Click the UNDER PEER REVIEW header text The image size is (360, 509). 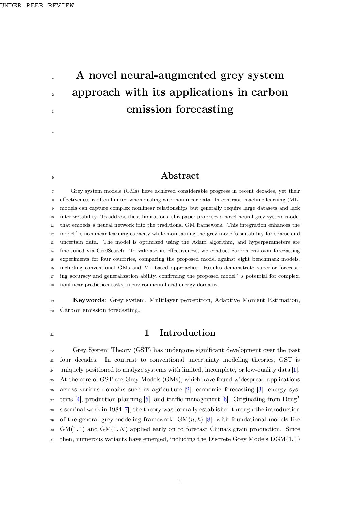(x=37, y=5)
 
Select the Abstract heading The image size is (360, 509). (x=180, y=176)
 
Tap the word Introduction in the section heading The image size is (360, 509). (x=187, y=333)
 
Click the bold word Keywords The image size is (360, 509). (x=88, y=300)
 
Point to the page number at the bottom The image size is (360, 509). (x=180, y=482)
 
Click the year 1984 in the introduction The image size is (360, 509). (x=115, y=409)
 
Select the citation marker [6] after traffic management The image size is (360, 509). (x=225, y=400)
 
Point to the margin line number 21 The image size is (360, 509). (x=52, y=335)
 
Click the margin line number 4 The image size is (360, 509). (x=53, y=132)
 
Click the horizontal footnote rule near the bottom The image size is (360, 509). (x=108, y=446)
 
